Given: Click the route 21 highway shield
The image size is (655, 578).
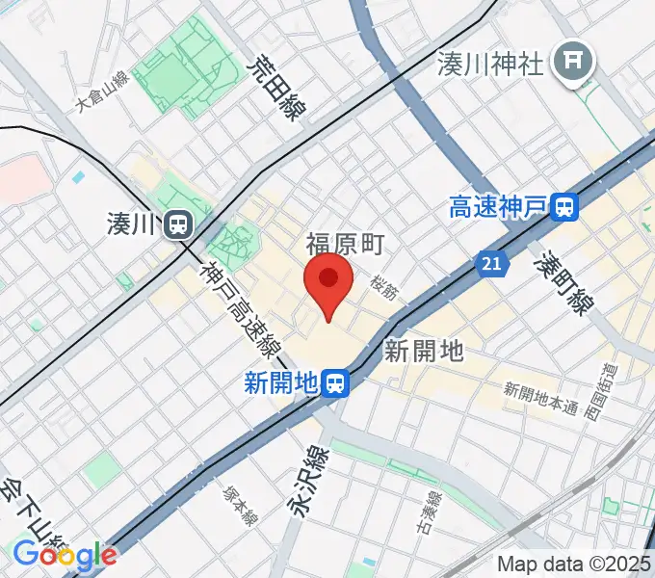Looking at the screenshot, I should point(491,262).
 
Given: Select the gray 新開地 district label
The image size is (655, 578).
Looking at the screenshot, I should point(424,351).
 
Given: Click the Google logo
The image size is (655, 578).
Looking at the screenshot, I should point(64,554).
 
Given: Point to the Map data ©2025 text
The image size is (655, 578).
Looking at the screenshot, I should point(574,564).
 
